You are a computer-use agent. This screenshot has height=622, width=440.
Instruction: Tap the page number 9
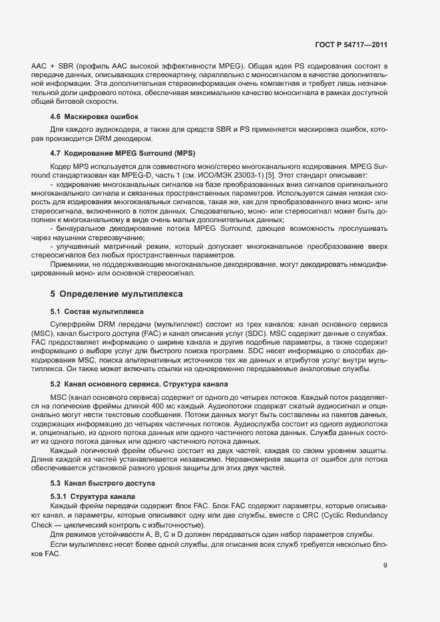pyautogui.click(x=385, y=565)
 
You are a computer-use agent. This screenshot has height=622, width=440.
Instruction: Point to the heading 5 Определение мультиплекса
pyautogui.click(x=116, y=293)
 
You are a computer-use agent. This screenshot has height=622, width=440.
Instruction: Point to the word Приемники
pyautogui.click(x=71, y=263)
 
